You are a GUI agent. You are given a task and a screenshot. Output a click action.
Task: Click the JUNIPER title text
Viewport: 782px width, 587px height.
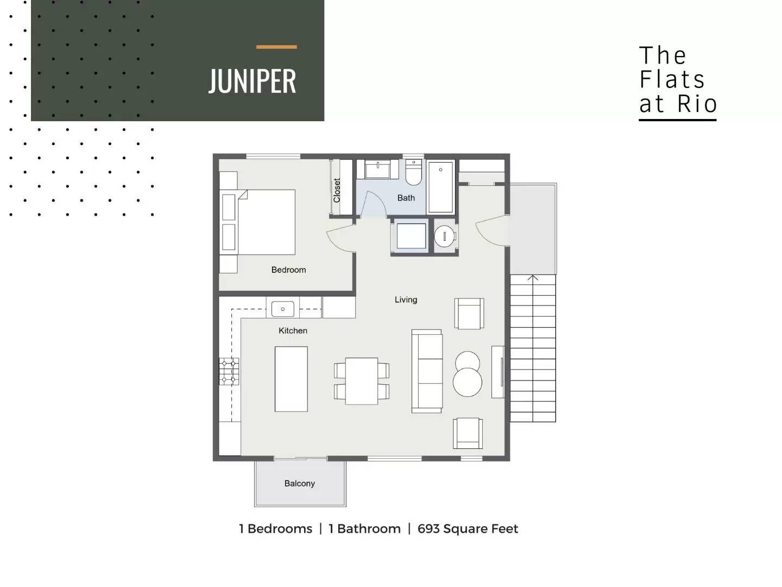[x=252, y=82]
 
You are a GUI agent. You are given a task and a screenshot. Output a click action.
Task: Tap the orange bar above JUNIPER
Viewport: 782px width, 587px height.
[x=276, y=47]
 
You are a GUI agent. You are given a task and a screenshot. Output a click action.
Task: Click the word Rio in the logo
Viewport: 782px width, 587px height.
[x=697, y=104]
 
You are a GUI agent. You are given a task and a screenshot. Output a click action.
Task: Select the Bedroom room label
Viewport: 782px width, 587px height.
[x=288, y=270]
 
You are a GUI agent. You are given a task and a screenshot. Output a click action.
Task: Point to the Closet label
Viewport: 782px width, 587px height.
[x=337, y=190]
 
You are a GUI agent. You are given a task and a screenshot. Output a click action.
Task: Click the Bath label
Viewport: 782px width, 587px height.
[x=406, y=198]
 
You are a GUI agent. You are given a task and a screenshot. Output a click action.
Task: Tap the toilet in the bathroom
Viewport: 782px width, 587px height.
[x=414, y=172]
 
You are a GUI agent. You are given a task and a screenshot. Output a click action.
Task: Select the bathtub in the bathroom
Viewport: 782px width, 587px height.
[x=441, y=187]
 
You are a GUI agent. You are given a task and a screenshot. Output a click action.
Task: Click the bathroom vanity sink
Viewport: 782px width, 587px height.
[x=377, y=170]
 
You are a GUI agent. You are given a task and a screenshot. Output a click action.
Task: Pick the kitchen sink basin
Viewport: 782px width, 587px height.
[x=283, y=309]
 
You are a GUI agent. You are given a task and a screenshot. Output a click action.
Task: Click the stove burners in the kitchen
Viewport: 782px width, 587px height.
[x=229, y=371]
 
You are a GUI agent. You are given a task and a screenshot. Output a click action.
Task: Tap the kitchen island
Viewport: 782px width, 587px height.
[x=291, y=379]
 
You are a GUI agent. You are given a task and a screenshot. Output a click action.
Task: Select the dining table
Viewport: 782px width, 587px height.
[x=362, y=381]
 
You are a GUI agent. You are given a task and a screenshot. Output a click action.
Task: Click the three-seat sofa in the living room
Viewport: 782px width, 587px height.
[x=427, y=371]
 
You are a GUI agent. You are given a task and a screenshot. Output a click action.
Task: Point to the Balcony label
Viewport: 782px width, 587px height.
[x=300, y=484]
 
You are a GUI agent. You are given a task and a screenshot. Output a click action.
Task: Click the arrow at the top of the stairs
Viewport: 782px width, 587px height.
[x=533, y=278]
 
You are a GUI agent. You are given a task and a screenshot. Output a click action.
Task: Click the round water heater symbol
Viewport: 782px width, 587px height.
[x=444, y=236]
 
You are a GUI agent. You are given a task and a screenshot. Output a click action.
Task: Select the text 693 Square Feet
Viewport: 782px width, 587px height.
[x=468, y=529]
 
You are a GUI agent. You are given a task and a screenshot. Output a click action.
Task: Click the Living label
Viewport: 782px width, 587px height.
[x=406, y=299]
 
